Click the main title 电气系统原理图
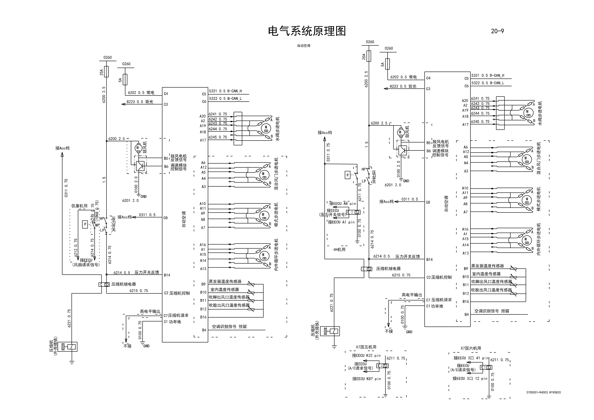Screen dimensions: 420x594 click(x=307, y=31)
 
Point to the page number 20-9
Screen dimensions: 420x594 click(x=497, y=31)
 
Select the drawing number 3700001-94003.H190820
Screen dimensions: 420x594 click(x=543, y=392)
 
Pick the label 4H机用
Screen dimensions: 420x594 click(x=339, y=250)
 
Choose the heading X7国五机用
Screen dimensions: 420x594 click(x=366, y=347)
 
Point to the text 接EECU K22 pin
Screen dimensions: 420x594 click(x=366, y=356)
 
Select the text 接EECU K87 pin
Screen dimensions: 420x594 click(x=366, y=379)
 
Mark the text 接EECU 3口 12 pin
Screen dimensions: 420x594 click(x=470, y=379)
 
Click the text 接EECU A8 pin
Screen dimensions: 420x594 click(x=343, y=204)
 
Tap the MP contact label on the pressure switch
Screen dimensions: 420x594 click(x=97, y=225)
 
